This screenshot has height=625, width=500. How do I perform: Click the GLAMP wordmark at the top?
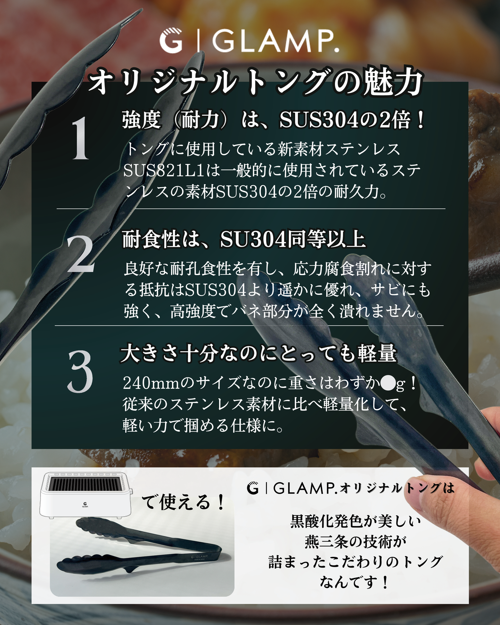(x=275, y=41)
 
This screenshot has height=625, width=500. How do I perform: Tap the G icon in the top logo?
(x=171, y=41)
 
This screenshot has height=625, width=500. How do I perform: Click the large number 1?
(x=80, y=138)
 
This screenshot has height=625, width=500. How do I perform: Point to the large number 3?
(x=80, y=372)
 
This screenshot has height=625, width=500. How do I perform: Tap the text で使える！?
(x=183, y=502)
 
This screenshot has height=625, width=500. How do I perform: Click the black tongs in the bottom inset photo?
(x=139, y=545)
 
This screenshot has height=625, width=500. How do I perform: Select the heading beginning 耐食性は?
(x=244, y=239)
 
